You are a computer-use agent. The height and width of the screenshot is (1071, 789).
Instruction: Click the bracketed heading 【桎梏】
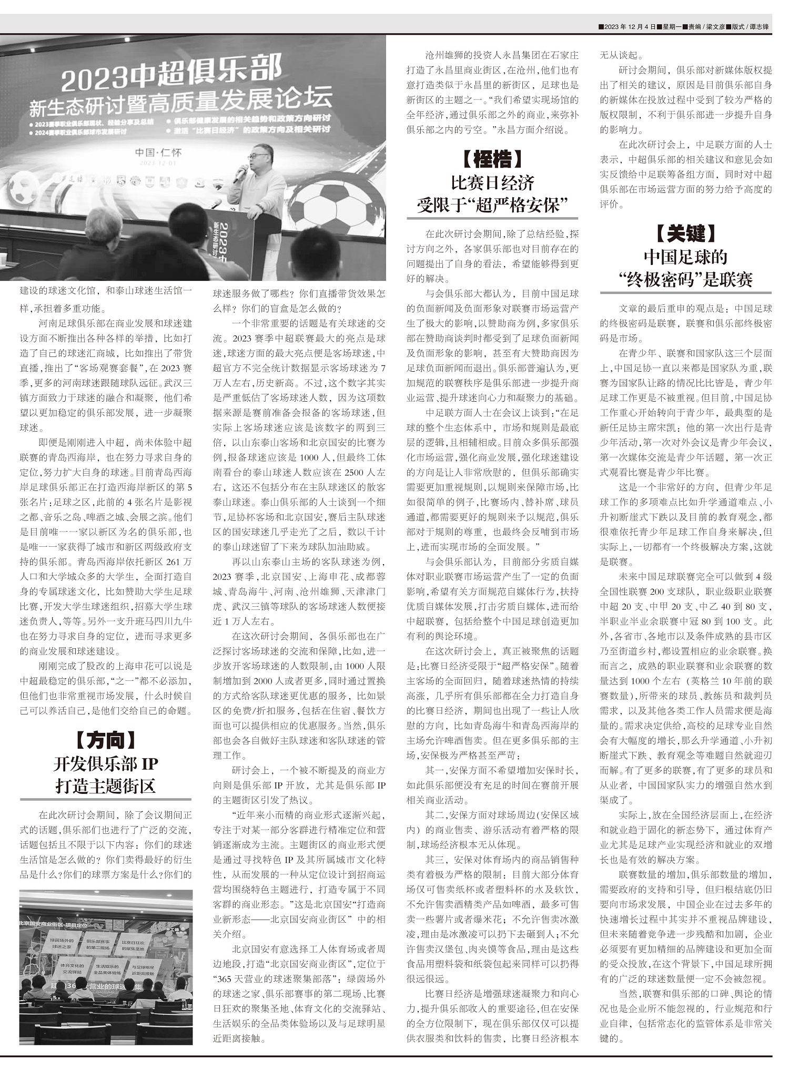pos(492,159)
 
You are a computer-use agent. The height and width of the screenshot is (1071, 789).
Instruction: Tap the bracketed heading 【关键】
pos(685,233)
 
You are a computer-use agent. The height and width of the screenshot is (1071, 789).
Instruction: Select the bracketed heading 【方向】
pos(105,740)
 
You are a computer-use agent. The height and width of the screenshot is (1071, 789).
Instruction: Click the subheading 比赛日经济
pos(492,182)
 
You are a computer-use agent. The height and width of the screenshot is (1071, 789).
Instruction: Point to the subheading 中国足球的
pos(685,257)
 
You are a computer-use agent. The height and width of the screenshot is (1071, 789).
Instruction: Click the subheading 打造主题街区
pos(105,786)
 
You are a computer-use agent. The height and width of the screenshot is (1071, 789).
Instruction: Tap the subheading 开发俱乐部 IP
pos(105,763)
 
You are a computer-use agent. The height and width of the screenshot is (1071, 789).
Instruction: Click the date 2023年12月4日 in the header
pos(629,27)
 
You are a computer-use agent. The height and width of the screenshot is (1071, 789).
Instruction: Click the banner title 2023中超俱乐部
pos(171,74)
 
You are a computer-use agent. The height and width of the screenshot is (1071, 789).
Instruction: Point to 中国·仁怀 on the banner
pos(158,152)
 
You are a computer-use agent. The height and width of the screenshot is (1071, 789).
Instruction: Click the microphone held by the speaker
pos(242,171)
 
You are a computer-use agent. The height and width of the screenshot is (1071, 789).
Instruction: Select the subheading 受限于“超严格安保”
pos(492,205)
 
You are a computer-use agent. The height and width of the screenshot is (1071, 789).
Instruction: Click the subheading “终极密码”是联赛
pos(685,280)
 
